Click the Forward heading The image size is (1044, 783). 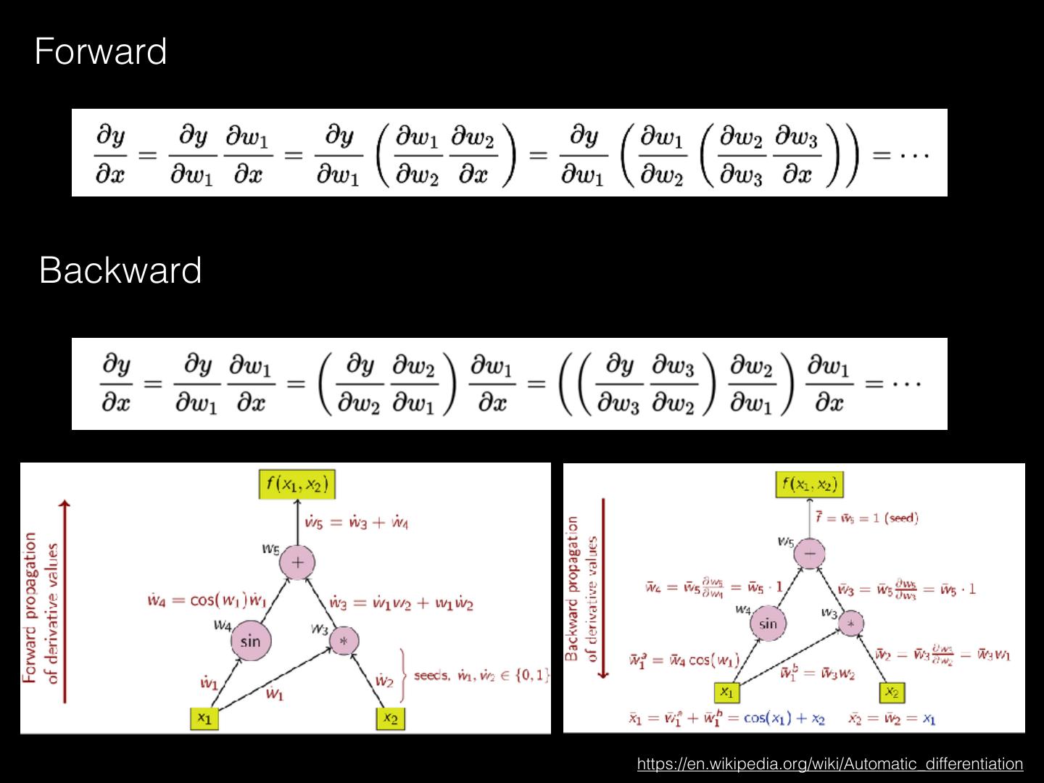point(101,52)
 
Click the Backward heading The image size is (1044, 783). point(120,270)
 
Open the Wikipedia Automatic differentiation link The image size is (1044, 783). point(829,763)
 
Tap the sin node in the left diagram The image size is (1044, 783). point(250,641)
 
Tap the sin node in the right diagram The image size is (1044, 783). point(768,623)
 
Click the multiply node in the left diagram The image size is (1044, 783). point(344,641)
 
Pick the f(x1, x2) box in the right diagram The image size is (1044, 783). point(810,484)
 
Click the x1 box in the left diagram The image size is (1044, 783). point(204,718)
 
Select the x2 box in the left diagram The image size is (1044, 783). point(390,718)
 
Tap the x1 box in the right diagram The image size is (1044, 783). point(726,692)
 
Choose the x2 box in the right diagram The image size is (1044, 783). point(892,692)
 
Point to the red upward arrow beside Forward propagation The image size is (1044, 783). point(66,602)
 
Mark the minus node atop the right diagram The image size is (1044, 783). point(810,553)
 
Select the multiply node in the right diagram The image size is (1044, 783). point(851,622)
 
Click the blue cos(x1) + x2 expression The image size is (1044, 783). point(784,718)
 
